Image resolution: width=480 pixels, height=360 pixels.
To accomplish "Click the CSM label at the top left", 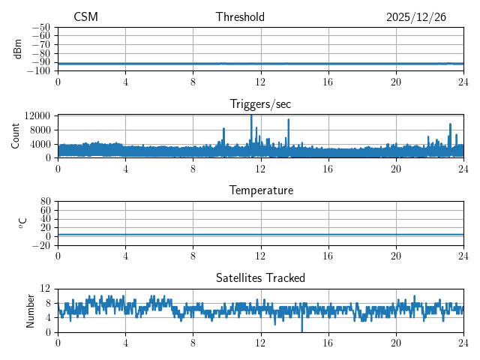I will click(85, 17).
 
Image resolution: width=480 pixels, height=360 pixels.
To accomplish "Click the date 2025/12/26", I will click(416, 17).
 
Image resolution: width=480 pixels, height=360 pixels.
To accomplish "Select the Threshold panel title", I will click(240, 17).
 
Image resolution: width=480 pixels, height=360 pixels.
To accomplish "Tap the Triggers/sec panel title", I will click(260, 104).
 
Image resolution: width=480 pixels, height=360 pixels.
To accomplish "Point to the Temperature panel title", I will click(260, 190).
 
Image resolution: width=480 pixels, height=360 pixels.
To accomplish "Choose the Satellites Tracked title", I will click(260, 278).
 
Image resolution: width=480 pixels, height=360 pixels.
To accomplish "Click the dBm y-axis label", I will click(18, 49).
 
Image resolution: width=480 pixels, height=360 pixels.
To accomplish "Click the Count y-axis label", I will click(15, 136).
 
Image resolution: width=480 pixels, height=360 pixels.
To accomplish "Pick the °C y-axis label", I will click(22, 223).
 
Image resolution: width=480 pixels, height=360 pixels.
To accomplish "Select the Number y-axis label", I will click(31, 310).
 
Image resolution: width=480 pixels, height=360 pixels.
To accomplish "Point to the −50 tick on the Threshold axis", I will click(40, 27).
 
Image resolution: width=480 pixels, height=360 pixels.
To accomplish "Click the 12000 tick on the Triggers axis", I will click(37, 115).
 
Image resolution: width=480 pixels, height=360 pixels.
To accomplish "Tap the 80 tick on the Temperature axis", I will click(45, 202).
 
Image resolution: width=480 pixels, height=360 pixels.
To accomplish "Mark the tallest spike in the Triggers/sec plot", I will click(251, 116).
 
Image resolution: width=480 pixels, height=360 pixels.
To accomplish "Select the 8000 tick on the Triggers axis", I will click(39, 130).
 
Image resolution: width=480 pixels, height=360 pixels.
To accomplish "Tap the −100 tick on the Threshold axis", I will click(38, 70).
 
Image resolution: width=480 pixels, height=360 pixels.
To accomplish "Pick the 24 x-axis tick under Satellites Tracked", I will click(463, 341).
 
